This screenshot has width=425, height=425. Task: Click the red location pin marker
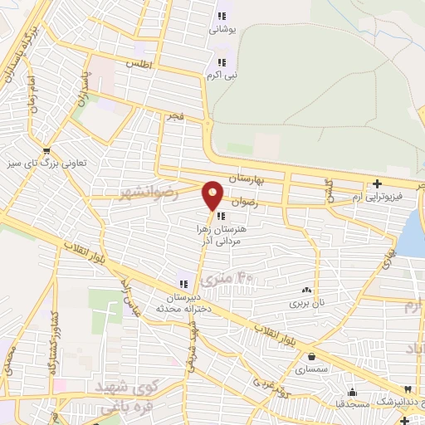(x=213, y=193)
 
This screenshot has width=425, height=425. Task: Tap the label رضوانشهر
(x=149, y=193)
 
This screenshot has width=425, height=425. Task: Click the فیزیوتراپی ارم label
(x=376, y=197)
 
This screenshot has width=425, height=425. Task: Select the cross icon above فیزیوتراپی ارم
(x=378, y=183)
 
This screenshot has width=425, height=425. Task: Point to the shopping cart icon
(x=46, y=151)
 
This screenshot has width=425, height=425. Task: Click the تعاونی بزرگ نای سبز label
(x=48, y=164)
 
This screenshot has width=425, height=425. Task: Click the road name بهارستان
(x=247, y=178)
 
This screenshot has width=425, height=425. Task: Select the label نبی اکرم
(x=222, y=75)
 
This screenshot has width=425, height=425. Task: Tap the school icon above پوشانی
(x=222, y=15)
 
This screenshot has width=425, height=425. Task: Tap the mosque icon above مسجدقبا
(x=352, y=393)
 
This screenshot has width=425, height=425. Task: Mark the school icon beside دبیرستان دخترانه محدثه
(x=183, y=283)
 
